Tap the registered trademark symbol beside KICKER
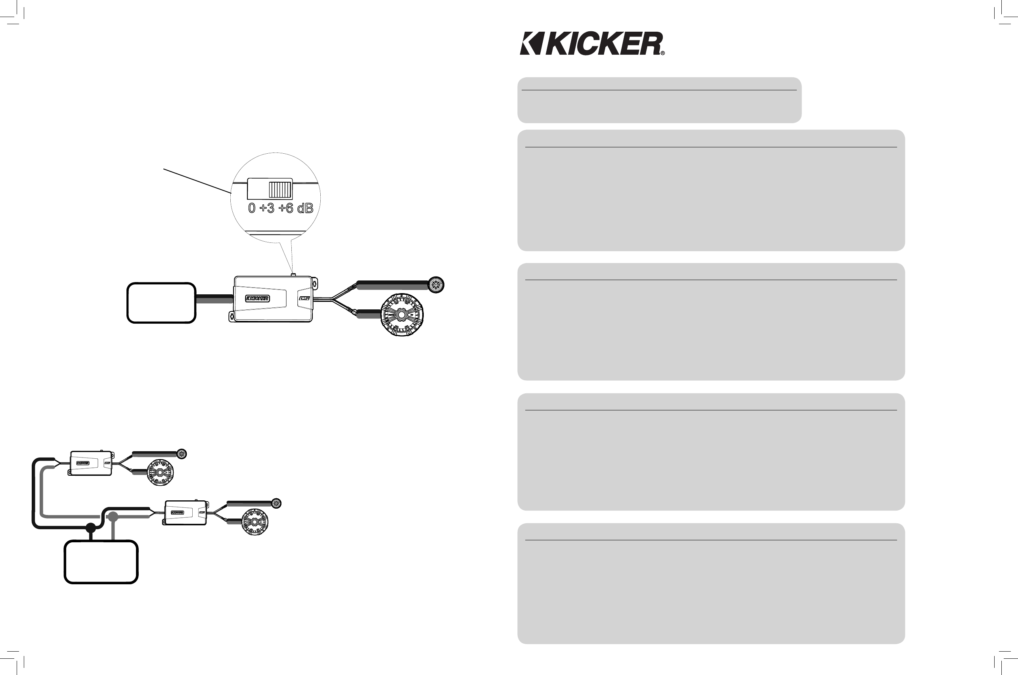pyautogui.click(x=662, y=53)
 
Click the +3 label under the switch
pyautogui.click(x=267, y=208)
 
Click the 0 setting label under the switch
pyautogui.click(x=252, y=208)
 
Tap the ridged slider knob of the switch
pyautogui.click(x=280, y=189)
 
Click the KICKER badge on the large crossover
pyautogui.click(x=257, y=298)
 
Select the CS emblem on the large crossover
pyautogui.click(x=304, y=298)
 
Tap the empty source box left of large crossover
pyautogui.click(x=161, y=303)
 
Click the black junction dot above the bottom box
pyautogui.click(x=90, y=527)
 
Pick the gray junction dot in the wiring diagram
pyautogui.click(x=113, y=517)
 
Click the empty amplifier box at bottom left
pyautogui.click(x=101, y=562)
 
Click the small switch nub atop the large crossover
pyautogui.click(x=293, y=274)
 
